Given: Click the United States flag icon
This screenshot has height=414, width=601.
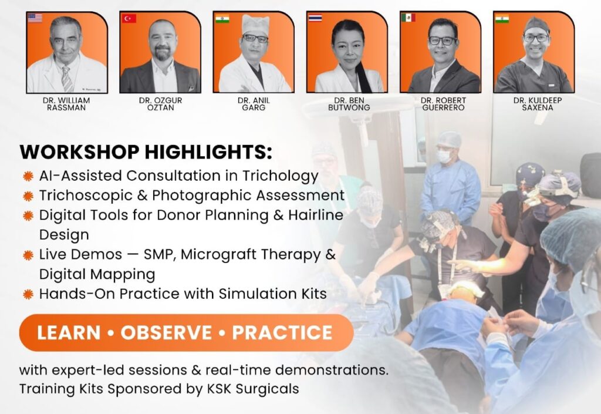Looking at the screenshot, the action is [x=35, y=18].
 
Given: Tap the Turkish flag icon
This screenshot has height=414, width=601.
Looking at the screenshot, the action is [x=129, y=18].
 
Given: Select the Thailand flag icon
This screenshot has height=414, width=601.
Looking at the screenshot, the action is [x=315, y=18].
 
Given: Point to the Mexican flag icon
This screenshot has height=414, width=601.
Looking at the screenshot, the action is [x=408, y=18].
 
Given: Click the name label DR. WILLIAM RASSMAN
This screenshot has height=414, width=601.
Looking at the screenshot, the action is [x=66, y=104].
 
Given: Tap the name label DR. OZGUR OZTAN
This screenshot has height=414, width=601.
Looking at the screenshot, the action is [x=161, y=104].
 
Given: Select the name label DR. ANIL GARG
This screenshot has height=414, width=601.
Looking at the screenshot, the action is [x=254, y=104].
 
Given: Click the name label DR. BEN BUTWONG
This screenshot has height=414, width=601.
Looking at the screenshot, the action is [x=349, y=104].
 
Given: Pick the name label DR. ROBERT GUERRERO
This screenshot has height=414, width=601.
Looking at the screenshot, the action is [x=444, y=104].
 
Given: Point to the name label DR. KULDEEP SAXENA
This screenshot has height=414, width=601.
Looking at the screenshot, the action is [x=538, y=104].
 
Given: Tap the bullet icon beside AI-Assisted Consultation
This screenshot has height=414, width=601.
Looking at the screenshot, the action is [x=28, y=176].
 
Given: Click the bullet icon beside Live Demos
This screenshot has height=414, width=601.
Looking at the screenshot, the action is [x=28, y=255].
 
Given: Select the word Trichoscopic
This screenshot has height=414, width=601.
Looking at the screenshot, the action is [x=86, y=196].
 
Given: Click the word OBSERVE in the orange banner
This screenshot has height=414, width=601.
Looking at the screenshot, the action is [x=166, y=332].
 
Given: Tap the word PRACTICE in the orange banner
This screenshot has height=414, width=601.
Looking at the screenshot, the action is [x=282, y=332].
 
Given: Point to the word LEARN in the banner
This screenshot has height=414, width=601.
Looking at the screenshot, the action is [x=69, y=332].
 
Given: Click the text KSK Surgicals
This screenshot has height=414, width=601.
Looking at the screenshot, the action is [x=253, y=389].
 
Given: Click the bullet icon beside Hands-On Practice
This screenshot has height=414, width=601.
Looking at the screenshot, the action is [x=28, y=294].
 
